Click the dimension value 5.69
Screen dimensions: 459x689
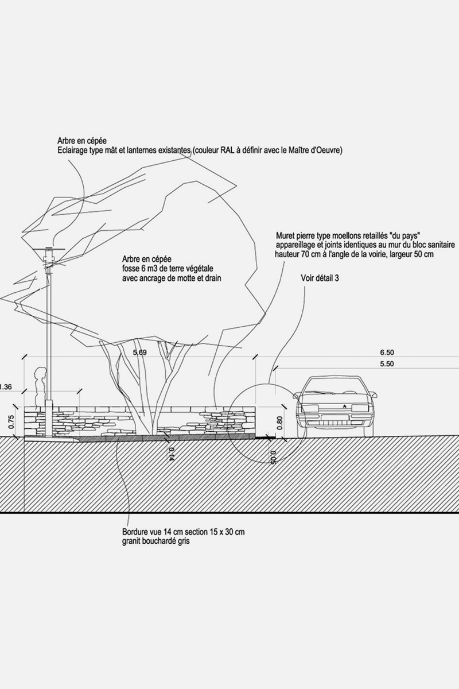[140, 353]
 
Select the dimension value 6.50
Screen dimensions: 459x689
[387, 352]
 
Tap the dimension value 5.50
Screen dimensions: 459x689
[387, 364]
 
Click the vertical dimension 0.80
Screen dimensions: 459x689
[279, 423]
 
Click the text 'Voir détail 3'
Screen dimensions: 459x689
[320, 278]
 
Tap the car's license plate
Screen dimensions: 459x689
[335, 417]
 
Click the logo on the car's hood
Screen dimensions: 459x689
[345, 407]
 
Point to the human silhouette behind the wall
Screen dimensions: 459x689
[39, 388]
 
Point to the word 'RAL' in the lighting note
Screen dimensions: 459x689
[228, 150]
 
